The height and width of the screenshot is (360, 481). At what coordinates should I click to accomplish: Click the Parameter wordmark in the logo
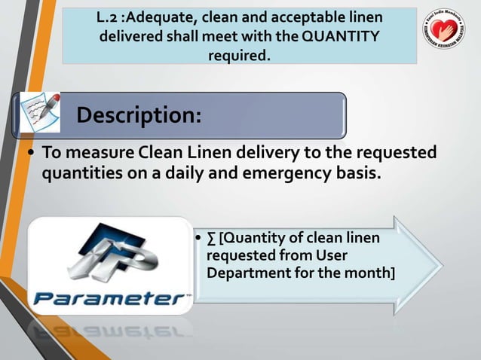coord(110,297)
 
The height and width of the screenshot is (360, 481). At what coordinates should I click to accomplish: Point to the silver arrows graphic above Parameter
coord(113,257)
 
